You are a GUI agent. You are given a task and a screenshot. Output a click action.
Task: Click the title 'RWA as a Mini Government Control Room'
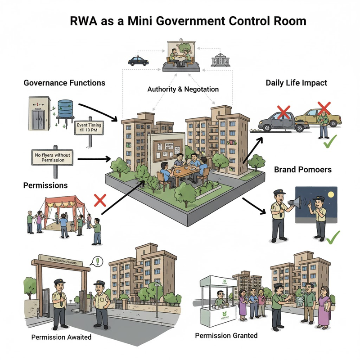[x=180, y=21]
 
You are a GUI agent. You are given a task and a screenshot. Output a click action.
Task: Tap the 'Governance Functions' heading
[x=64, y=83]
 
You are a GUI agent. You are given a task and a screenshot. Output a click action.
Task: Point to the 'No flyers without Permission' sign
[x=53, y=158]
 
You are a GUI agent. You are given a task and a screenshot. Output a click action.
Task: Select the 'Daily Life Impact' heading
[x=296, y=83]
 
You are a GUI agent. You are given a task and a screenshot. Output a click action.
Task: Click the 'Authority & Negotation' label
[x=183, y=89]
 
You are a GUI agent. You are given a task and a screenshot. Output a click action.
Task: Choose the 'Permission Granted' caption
[x=226, y=336]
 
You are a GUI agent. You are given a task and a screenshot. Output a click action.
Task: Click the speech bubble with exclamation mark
[x=96, y=261]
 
